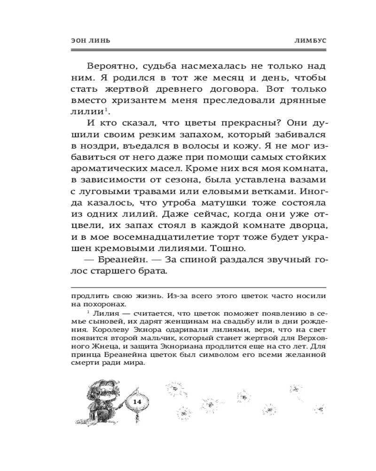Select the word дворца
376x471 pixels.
coord(311,228)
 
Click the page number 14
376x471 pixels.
coord(138,401)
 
